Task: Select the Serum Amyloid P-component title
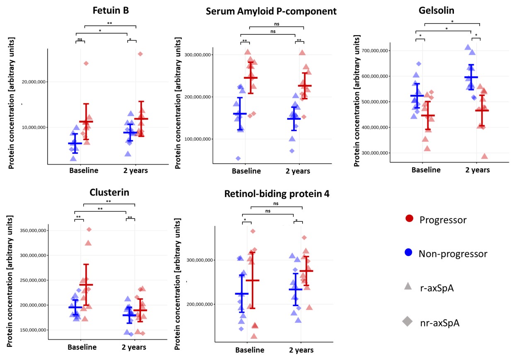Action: (271, 11)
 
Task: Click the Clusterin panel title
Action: (109, 192)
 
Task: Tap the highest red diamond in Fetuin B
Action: (140, 54)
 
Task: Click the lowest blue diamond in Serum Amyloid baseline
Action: (238, 158)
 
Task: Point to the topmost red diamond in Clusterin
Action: (89, 229)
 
